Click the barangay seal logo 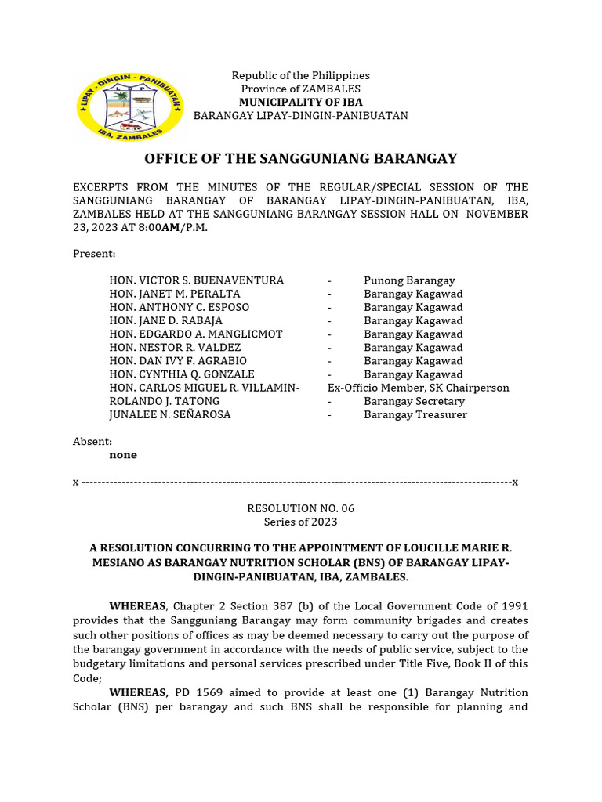[x=129, y=107]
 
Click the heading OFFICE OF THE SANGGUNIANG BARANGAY [x=300, y=159]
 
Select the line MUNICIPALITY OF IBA [x=300, y=102]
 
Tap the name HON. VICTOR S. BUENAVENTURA [x=197, y=280]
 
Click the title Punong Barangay [x=409, y=280]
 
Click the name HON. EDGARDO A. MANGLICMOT [x=196, y=334]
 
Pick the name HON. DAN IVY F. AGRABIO [x=178, y=361]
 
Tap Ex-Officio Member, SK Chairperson [x=419, y=388]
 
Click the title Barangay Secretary [x=414, y=401]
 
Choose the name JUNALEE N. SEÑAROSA [x=170, y=414]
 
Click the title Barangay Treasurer [x=415, y=414]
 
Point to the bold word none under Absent [x=123, y=455]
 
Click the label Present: [x=94, y=254]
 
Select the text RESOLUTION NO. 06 [x=300, y=508]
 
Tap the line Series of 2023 [x=300, y=522]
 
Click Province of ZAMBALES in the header [x=300, y=89]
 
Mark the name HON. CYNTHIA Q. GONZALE [x=182, y=374]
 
